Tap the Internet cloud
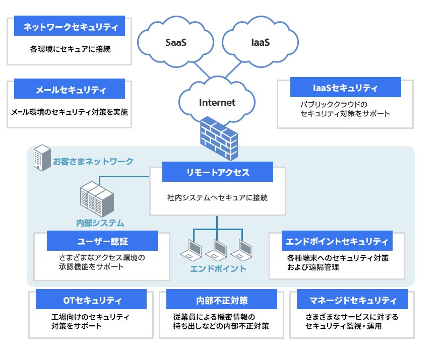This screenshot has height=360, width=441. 217,103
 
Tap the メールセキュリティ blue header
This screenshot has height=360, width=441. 70,89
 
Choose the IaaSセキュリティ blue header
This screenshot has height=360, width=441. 345,87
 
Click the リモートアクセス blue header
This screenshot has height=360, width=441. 217,172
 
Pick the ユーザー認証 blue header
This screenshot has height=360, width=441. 102,241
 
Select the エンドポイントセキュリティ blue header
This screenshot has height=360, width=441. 337,241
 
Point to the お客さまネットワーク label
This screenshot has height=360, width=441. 93,162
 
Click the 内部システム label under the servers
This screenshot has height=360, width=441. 100,223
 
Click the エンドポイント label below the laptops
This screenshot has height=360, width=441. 218,268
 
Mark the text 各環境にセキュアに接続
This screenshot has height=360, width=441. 70,49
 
